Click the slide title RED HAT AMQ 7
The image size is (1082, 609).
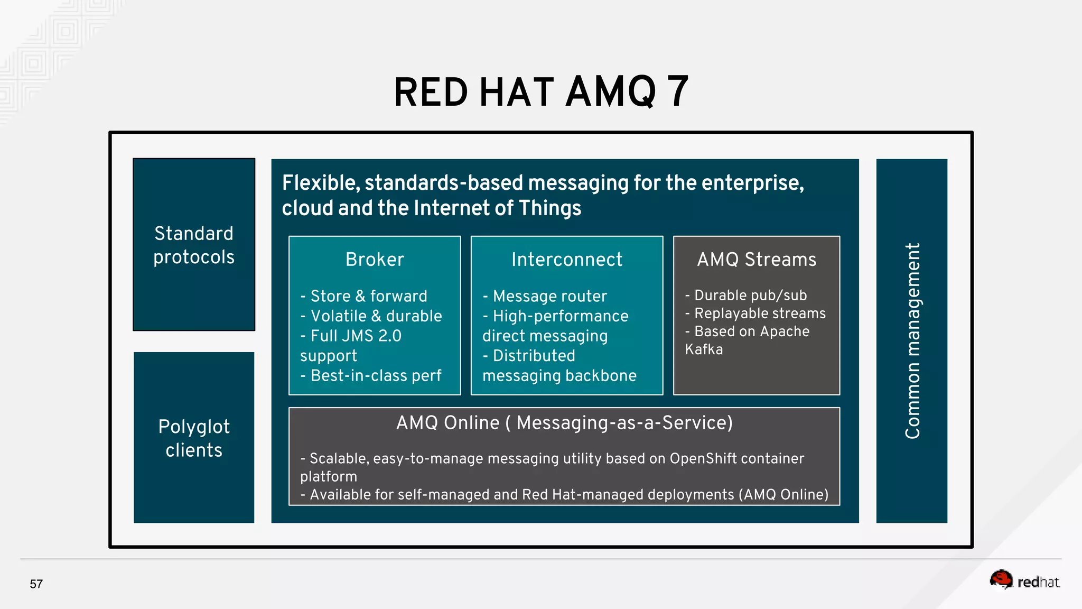tap(541, 93)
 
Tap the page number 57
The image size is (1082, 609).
tap(36, 584)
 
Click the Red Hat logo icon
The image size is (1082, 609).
tap(1001, 580)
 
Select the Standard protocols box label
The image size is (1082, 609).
tap(194, 245)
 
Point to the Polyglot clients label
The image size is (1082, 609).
tap(194, 438)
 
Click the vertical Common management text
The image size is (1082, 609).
tap(912, 341)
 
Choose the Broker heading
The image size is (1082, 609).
tap(375, 260)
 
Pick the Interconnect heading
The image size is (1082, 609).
tap(566, 260)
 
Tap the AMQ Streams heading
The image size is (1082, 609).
tap(756, 260)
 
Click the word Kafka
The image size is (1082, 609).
tap(704, 349)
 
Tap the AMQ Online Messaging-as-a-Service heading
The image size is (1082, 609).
tap(564, 423)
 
